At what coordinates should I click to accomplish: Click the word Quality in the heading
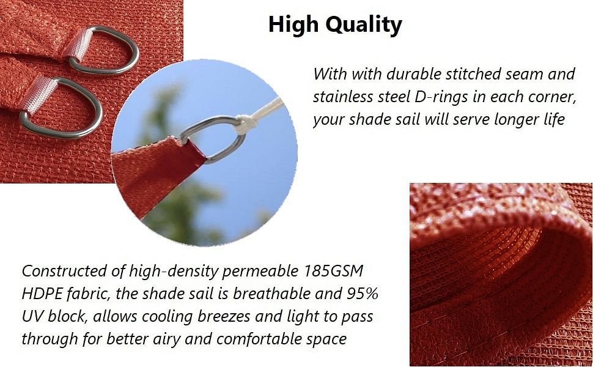pos(363,25)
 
